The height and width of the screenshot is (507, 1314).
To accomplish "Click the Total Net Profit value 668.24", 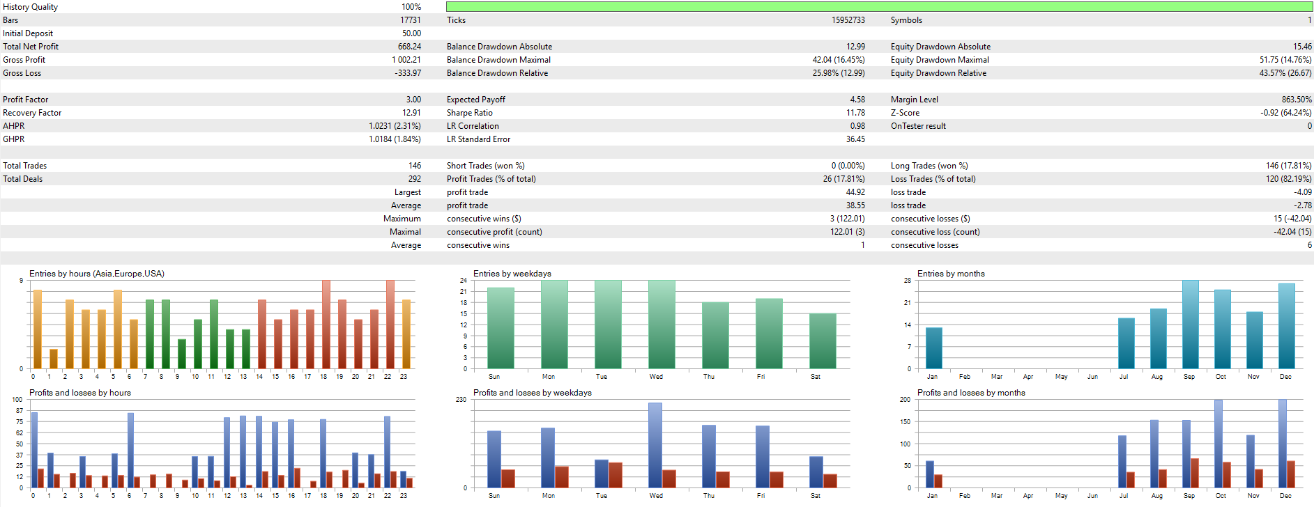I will click(x=409, y=47).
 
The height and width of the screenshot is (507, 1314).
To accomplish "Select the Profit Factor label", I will click(x=26, y=100).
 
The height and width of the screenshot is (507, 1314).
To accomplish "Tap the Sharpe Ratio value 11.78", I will click(x=855, y=113).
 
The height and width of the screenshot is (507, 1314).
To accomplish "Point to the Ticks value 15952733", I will click(x=848, y=20).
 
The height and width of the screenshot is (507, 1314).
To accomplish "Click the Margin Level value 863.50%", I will click(x=1296, y=100).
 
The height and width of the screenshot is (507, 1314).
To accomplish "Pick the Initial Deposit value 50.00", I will click(x=411, y=33).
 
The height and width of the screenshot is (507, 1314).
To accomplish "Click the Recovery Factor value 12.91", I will click(x=411, y=113).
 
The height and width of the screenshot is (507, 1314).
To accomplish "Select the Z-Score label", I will click(x=905, y=113).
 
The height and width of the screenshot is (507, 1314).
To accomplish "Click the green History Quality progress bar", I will click(x=878, y=7).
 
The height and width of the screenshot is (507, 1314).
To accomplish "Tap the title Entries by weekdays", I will click(x=512, y=274).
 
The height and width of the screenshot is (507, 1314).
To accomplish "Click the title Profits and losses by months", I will click(x=970, y=393).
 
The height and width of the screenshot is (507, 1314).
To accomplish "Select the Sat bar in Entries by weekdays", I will click(x=823, y=341).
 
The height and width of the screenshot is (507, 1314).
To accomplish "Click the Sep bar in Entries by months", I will click(x=1190, y=324).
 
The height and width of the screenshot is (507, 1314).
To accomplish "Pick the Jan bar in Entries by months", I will click(x=933, y=348).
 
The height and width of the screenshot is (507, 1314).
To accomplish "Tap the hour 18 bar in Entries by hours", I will click(x=326, y=324).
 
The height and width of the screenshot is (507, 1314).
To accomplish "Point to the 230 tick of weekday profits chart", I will click(x=461, y=400).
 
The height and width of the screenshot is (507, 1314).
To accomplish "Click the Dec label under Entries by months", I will click(x=1285, y=377).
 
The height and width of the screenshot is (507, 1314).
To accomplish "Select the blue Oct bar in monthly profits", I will click(x=1218, y=443).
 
